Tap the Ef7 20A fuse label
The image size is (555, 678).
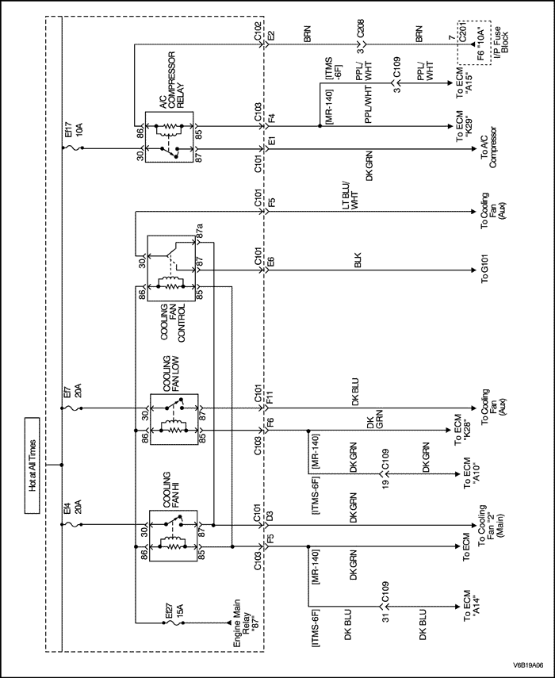tap(73, 393)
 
